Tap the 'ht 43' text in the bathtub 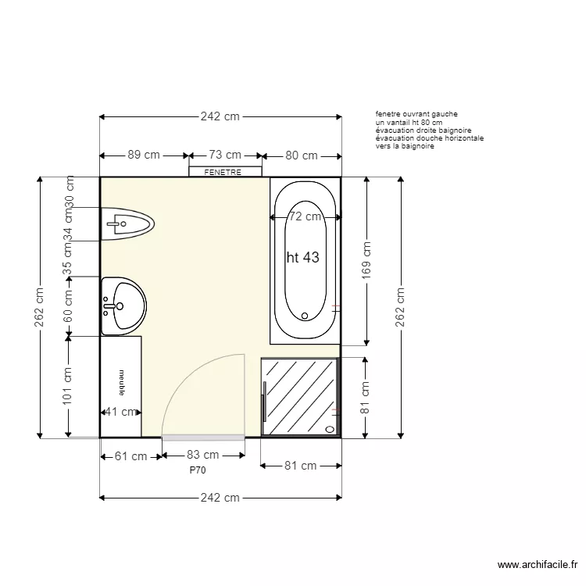[303, 257]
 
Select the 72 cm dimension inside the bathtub [305, 216]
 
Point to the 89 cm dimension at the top [144, 155]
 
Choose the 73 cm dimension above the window [224, 155]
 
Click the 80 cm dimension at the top [301, 155]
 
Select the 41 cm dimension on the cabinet [121, 412]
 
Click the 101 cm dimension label [69, 386]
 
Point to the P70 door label [198, 471]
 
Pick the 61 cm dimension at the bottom [130, 456]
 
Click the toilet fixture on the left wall [129, 224]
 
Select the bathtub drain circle [305, 316]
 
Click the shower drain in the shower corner [329, 429]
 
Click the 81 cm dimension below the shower [299, 466]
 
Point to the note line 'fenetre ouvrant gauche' [416, 114]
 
